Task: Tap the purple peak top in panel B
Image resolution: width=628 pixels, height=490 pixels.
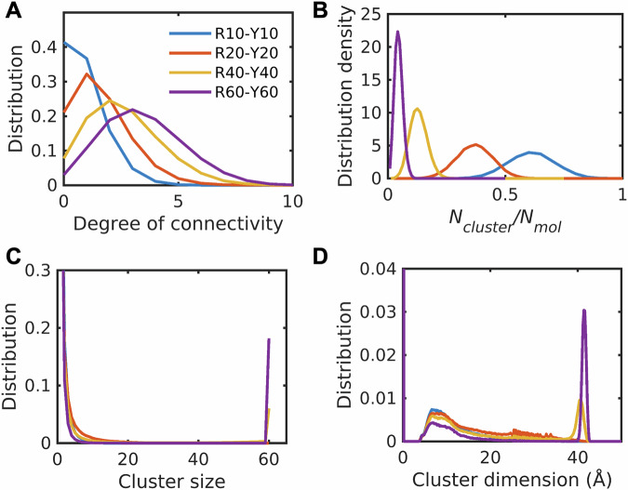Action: [x=398, y=32]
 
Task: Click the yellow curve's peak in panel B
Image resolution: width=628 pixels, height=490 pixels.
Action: [x=418, y=110]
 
